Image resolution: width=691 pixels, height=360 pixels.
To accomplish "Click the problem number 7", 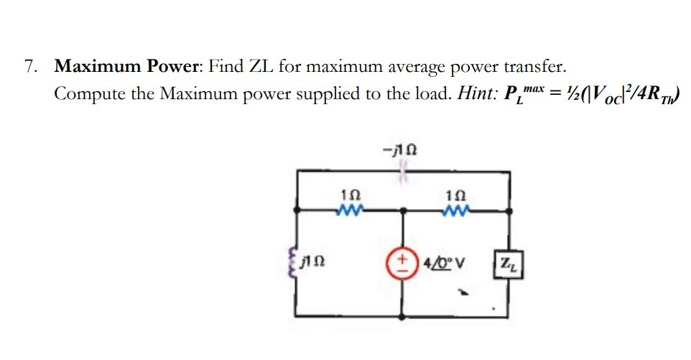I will click(x=29, y=68).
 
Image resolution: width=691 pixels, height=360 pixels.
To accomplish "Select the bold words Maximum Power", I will click(x=129, y=68).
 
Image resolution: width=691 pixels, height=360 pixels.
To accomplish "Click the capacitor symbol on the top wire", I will click(x=403, y=170).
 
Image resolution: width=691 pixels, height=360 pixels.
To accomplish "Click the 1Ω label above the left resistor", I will click(x=350, y=195).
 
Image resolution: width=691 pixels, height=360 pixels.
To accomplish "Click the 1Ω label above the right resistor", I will click(x=456, y=195).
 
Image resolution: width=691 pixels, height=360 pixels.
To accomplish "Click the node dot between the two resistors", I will click(x=403, y=211).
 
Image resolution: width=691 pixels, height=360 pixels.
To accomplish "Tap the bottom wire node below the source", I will click(x=403, y=315).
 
